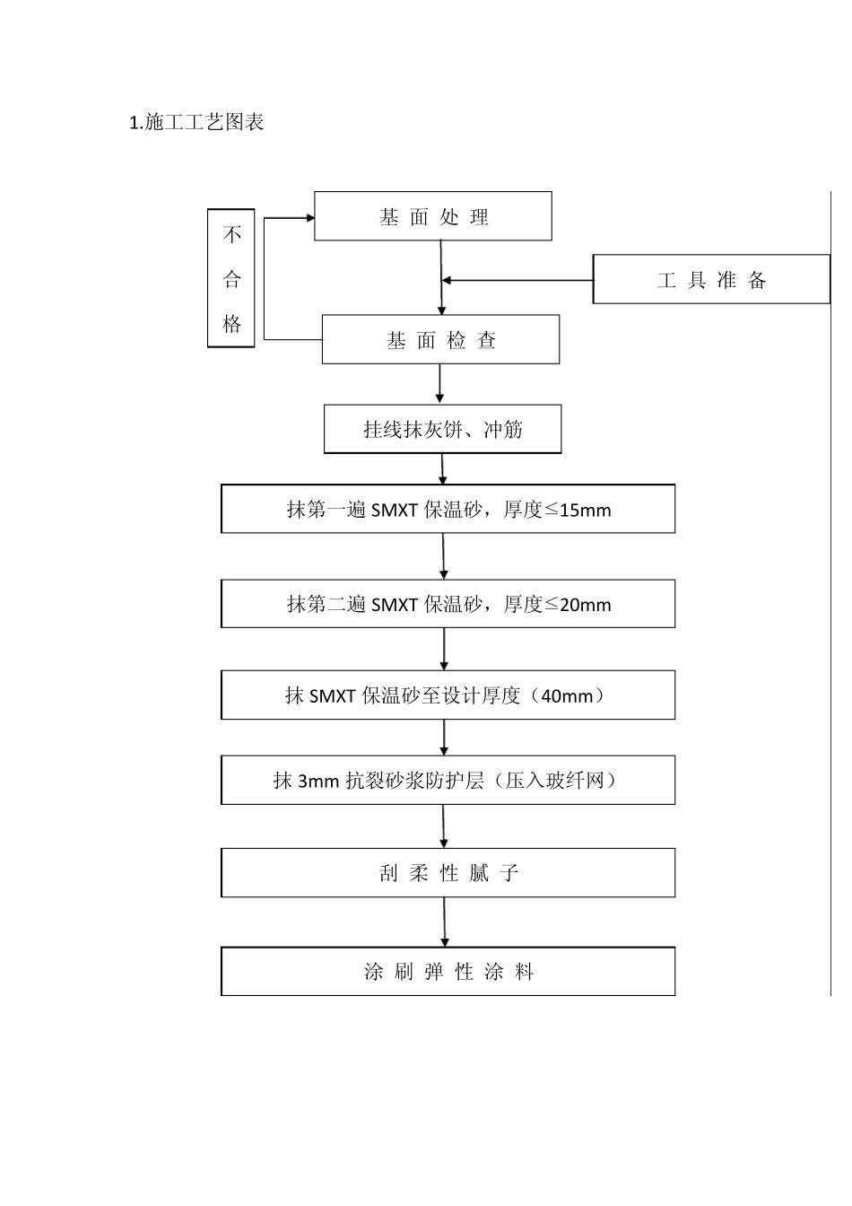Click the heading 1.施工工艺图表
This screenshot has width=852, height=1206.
[x=196, y=123]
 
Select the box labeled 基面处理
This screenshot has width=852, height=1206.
[x=433, y=216]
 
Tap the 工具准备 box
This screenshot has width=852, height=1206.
[x=711, y=280]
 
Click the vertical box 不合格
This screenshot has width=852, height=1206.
[x=231, y=278]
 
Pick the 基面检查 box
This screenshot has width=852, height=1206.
[x=440, y=340]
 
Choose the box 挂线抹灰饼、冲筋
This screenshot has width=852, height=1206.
[x=442, y=430]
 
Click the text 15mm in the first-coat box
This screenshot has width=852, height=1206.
[x=584, y=511]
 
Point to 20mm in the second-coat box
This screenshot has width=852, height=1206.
[x=585, y=605]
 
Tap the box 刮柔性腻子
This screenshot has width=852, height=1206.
[x=448, y=873]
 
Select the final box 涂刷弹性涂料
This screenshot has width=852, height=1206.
[x=448, y=972]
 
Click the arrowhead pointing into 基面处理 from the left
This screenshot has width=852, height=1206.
[x=309, y=217]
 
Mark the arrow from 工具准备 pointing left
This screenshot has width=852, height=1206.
[x=448, y=281]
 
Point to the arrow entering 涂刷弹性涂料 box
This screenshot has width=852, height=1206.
[x=444, y=938]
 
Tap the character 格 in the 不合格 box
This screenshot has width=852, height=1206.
[x=232, y=323]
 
